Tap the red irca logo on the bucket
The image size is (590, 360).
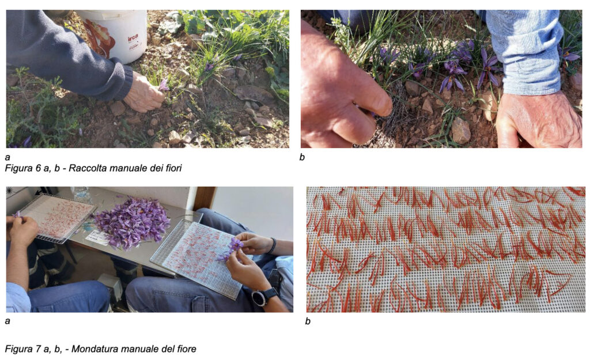(x=133, y=38)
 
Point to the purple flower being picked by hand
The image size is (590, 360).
(x=164, y=85)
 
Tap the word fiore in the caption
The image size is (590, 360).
(x=187, y=349)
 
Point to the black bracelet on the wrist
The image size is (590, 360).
(x=272, y=245)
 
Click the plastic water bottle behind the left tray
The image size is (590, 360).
(x=80, y=194)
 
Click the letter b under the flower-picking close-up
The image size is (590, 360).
(x=302, y=157)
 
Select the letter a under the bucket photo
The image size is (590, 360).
(x=7, y=158)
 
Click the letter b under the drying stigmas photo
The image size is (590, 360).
(x=308, y=321)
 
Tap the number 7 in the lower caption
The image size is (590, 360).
(x=39, y=349)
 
